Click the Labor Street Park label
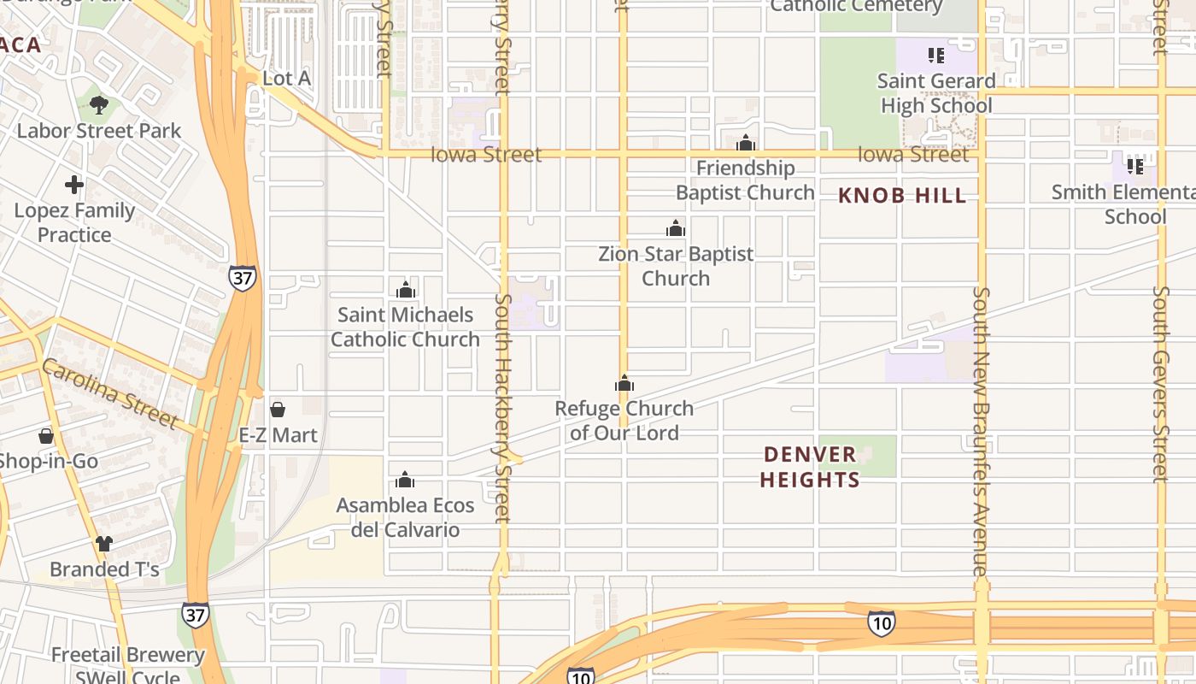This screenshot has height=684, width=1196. click(x=99, y=131)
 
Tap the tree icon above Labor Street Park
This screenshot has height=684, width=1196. click(x=99, y=105)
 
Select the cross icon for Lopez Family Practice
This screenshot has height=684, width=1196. click(x=74, y=185)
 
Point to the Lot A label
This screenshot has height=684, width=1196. click(x=286, y=79)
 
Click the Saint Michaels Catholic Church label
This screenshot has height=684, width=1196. click(x=405, y=327)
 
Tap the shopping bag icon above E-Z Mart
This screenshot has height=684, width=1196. click(x=278, y=410)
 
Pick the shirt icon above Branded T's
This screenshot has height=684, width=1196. click(x=104, y=543)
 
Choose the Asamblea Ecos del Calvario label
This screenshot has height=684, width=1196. click(x=405, y=517)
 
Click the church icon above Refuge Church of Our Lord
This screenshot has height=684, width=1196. click(x=624, y=383)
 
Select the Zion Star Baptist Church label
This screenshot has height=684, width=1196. click(x=676, y=266)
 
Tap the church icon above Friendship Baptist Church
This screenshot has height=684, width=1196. click(x=746, y=142)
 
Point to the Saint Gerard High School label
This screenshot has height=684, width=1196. click(x=936, y=93)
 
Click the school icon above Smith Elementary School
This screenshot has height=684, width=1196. click(x=1134, y=166)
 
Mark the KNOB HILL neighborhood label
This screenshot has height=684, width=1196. click(x=902, y=196)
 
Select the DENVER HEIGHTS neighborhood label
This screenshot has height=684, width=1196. click(x=810, y=467)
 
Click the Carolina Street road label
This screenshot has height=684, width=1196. click(x=108, y=393)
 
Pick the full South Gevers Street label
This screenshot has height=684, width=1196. click(x=1160, y=383)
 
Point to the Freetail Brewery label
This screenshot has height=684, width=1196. click(x=127, y=656)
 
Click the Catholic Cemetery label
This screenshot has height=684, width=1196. click(x=856, y=7)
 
